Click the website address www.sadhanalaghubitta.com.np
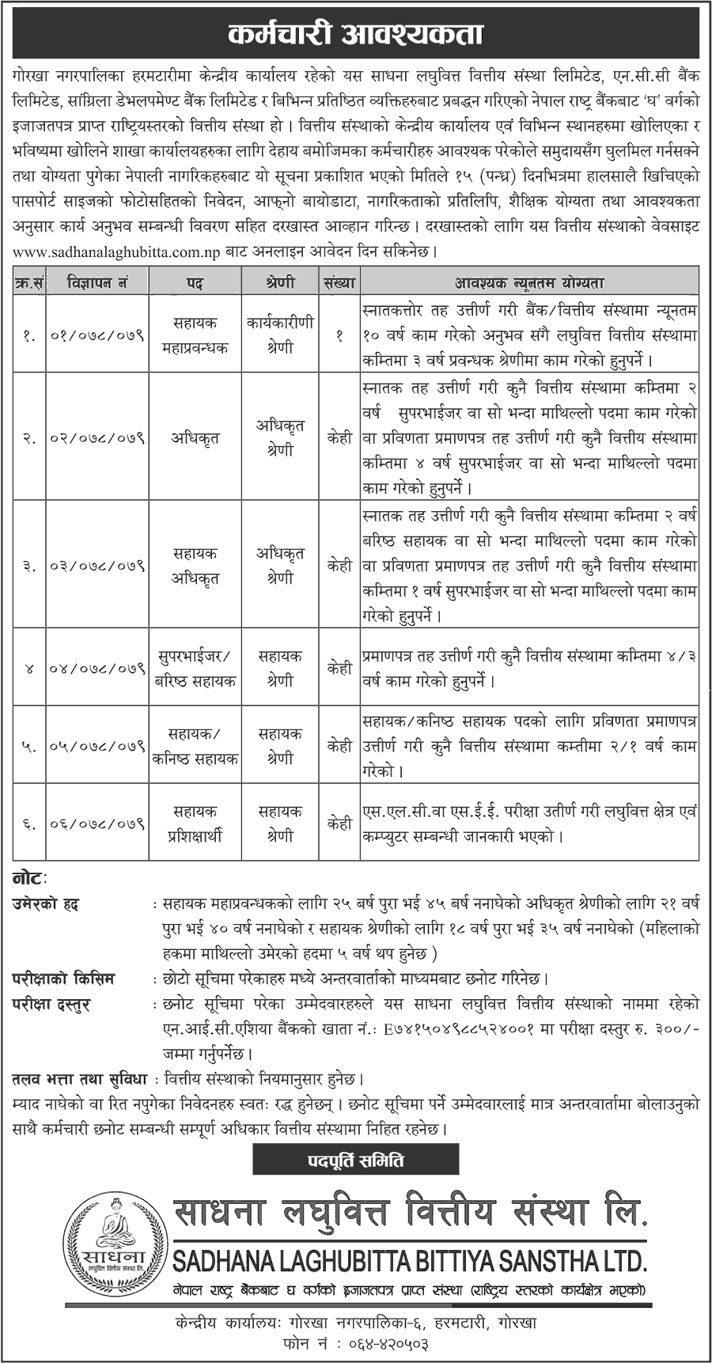pos(111,251)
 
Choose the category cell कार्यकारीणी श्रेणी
pos(280,335)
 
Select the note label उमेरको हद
pos(46,903)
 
